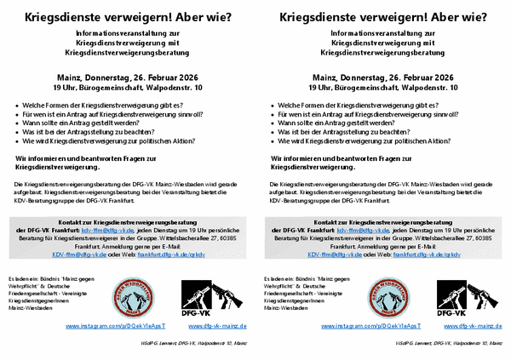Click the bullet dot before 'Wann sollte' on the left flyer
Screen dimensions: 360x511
(x=17, y=123)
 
